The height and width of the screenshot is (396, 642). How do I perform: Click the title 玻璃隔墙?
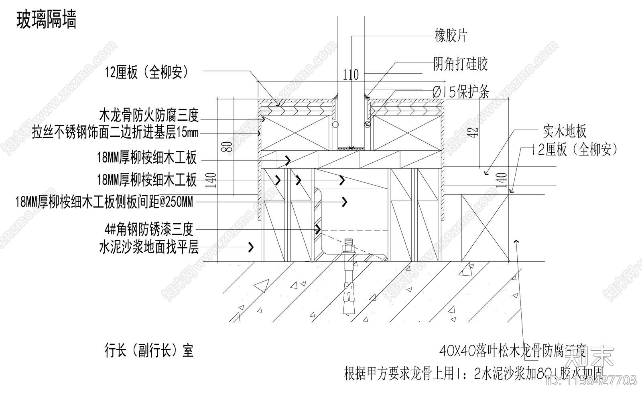click(46, 20)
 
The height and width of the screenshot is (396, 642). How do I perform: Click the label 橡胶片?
click(451, 36)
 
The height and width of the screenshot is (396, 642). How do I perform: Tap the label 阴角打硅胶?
click(460, 64)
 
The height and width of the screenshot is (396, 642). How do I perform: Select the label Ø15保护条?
click(461, 93)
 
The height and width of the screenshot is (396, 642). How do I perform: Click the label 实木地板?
click(565, 131)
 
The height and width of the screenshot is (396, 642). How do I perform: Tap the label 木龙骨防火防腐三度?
click(149, 116)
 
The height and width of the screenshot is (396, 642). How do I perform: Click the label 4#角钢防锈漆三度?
click(149, 230)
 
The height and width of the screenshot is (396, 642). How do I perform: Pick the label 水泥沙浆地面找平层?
click(149, 247)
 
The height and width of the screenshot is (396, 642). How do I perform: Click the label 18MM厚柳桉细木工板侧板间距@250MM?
click(104, 202)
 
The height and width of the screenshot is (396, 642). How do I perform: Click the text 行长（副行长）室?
click(149, 351)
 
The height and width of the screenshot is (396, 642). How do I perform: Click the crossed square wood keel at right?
click(485, 227)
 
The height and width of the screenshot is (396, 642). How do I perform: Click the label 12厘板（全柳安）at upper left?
click(146, 73)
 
